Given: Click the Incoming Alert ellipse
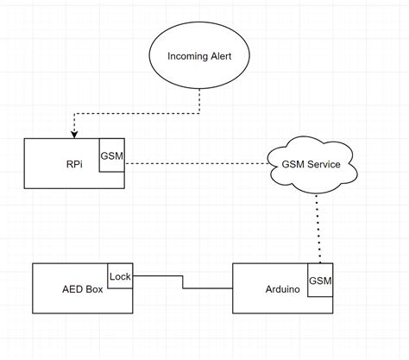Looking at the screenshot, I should click(200, 57).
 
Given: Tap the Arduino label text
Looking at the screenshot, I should click(283, 289).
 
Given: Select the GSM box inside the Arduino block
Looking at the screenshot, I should click(320, 281).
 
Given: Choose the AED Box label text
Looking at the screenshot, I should click(81, 289).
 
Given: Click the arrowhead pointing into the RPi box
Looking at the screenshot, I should click(73, 133).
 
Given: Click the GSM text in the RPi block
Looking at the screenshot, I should click(111, 155).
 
